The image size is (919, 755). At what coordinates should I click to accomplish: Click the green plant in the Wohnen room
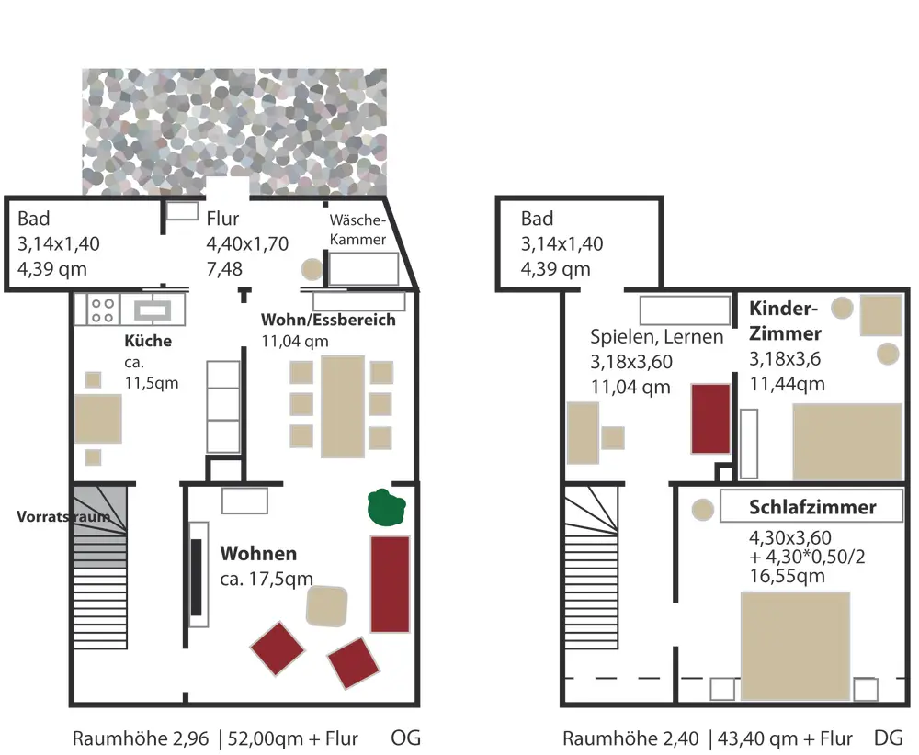tap(387, 507)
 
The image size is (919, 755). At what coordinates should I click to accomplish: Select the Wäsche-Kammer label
tap(358, 230)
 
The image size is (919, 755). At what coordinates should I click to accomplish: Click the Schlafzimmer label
tap(812, 507)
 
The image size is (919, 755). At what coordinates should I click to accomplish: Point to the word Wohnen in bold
tap(258, 554)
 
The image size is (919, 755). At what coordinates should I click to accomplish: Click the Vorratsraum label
tap(63, 516)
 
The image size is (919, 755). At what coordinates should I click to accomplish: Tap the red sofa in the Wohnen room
tap(390, 584)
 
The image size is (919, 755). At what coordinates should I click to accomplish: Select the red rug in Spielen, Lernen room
tap(710, 419)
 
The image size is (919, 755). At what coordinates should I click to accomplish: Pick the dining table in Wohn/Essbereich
tap(343, 406)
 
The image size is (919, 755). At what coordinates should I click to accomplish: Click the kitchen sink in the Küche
tap(153, 309)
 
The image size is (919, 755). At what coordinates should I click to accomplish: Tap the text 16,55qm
tap(787, 576)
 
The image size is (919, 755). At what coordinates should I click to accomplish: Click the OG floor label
tap(405, 738)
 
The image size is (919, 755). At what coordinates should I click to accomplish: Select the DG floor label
tap(888, 738)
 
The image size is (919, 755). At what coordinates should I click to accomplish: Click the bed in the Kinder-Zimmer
tap(846, 441)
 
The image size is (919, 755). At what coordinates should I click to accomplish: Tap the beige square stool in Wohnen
tap(327, 606)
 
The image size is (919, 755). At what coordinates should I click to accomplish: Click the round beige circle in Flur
tap(312, 269)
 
